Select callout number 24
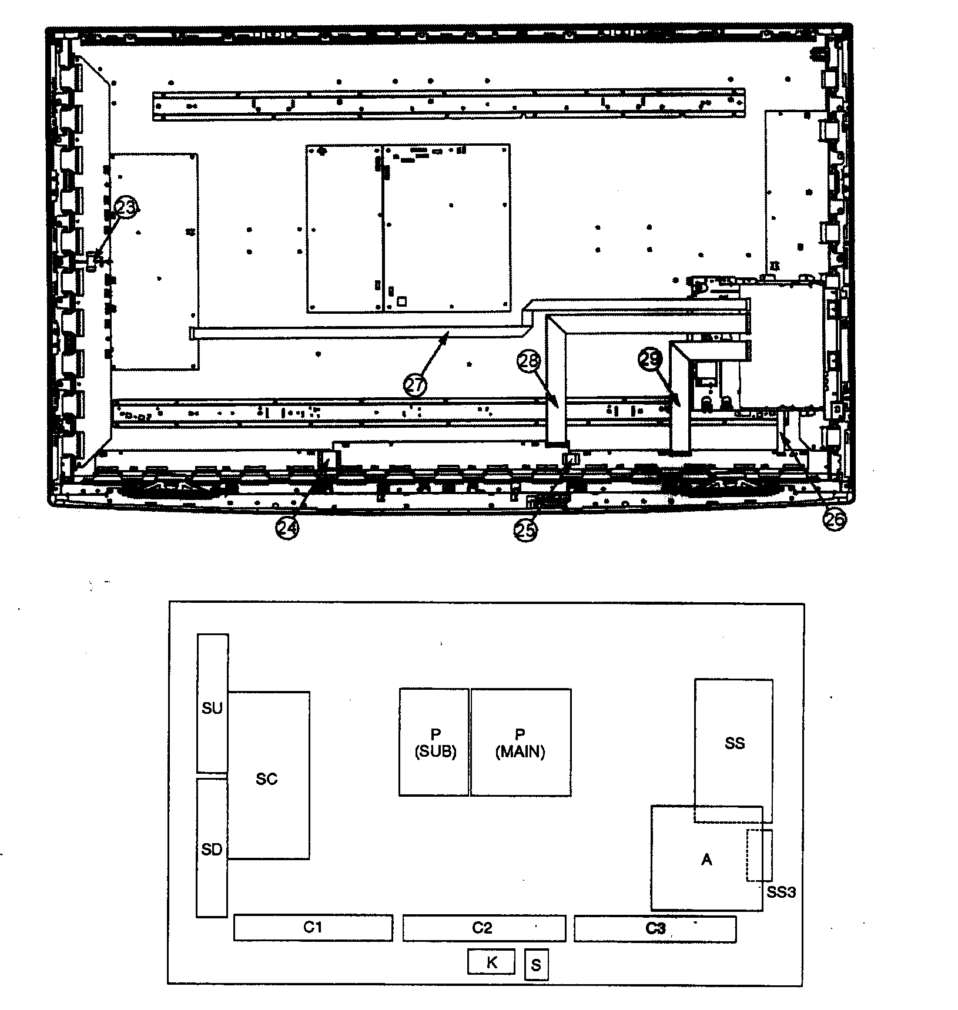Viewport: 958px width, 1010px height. click(287, 528)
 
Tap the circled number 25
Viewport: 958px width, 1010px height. click(526, 530)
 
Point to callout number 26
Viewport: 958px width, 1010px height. click(835, 519)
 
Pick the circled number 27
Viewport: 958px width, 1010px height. click(415, 385)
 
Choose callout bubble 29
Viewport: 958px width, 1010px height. click(651, 359)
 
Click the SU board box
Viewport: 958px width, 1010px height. click(212, 703)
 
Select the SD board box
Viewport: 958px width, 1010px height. click(212, 848)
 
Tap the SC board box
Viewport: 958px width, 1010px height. click(269, 775)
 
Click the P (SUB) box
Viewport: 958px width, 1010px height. click(434, 742)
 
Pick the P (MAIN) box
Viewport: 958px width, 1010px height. click(521, 742)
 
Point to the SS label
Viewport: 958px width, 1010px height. click(735, 743)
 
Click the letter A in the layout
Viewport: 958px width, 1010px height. click(706, 860)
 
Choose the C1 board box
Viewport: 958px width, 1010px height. click(313, 928)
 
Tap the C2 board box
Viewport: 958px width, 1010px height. click(484, 928)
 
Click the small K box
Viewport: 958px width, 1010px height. click(491, 961)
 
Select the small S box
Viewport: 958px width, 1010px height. click(536, 965)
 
